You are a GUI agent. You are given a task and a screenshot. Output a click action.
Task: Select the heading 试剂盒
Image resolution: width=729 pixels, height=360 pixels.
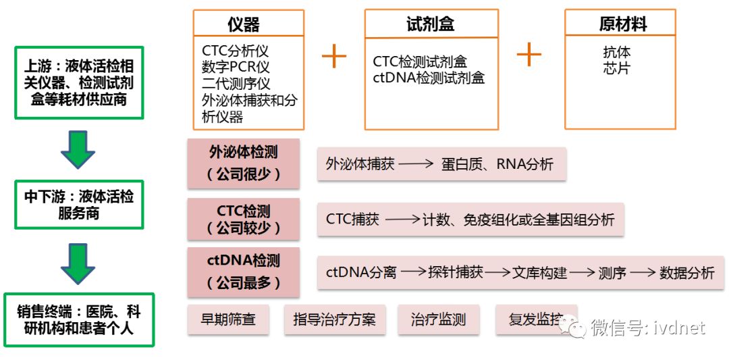[431, 25]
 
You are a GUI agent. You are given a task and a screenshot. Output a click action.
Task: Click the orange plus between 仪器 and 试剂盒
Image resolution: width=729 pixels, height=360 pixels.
[333, 56]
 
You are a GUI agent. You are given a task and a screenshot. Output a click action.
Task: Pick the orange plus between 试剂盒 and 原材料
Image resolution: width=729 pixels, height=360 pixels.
[529, 53]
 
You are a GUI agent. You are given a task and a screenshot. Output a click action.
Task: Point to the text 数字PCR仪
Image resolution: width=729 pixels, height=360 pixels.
[236, 68]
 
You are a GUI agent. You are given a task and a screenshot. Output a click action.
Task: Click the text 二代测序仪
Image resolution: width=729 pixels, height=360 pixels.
[236, 84]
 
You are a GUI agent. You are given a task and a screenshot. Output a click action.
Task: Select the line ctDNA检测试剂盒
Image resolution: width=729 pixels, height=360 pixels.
[429, 78]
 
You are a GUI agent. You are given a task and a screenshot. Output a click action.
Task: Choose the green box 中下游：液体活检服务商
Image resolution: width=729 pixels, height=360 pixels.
[79, 205]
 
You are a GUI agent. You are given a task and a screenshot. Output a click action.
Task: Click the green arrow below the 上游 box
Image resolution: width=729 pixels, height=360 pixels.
[78, 150]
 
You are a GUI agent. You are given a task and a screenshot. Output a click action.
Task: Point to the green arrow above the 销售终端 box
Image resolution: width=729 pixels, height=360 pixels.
[78, 263]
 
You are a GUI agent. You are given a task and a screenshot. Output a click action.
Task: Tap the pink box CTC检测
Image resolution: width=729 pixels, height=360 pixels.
[243, 219]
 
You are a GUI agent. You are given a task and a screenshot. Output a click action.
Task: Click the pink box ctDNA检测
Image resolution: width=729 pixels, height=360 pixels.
[243, 272]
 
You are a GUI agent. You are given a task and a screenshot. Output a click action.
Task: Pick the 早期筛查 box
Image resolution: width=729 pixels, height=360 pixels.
[228, 319]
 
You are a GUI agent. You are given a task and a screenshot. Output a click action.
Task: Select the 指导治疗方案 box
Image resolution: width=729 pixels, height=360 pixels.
[335, 319]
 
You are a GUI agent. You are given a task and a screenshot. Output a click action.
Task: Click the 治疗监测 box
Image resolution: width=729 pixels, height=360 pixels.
[438, 319]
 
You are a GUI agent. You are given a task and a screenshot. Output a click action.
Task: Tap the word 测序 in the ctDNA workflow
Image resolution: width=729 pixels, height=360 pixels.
[612, 273]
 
